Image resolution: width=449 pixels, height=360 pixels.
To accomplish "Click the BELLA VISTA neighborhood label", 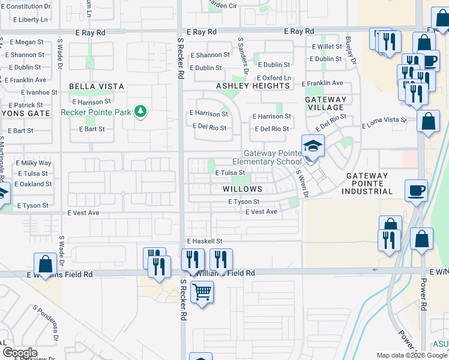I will tap(97, 86).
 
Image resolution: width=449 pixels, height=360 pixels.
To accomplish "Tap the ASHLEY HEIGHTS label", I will tap(253, 86).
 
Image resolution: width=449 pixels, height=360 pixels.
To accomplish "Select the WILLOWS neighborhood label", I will tap(243, 189).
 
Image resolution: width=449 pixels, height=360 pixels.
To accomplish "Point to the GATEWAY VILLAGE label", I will tap(326, 104).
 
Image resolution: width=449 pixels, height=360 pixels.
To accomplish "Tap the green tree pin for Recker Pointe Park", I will tap(140, 112).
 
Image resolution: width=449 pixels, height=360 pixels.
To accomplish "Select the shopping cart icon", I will tap(202, 292).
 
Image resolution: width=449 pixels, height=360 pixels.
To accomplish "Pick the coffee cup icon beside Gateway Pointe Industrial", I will tap(416, 190).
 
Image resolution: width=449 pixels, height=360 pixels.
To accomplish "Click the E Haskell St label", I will tap(205, 241).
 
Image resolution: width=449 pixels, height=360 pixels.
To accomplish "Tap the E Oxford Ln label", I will tap(274, 78).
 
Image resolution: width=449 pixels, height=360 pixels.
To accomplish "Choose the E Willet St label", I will tap(326, 46).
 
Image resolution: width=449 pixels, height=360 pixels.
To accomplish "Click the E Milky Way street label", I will tap(34, 163).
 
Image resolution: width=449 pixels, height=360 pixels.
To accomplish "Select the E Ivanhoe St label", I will tap(39, 92).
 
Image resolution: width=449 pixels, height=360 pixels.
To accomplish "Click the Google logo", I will tap(20, 353).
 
